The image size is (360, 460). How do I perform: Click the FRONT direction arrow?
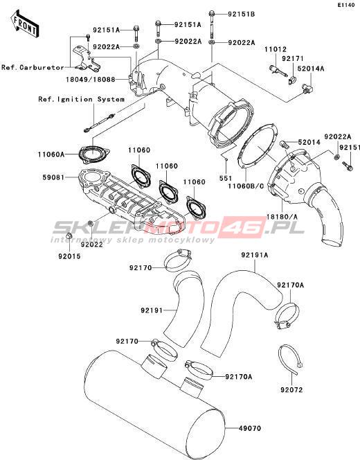pyautogui.click(x=24, y=24)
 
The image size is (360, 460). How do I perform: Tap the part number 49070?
pyautogui.click(x=250, y=428)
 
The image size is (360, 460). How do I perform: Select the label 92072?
pyautogui.click(x=291, y=390)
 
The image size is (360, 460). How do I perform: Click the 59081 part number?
pyautogui.click(x=53, y=177)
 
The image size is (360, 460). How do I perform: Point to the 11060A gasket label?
pyautogui.click(x=51, y=154)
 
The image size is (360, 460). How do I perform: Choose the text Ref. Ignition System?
pyautogui.click(x=82, y=99)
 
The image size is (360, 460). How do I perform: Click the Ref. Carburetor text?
pyautogui.click(x=33, y=67)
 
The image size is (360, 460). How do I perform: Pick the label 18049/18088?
pyautogui.click(x=90, y=79)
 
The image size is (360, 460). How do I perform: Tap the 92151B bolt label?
pyautogui.click(x=242, y=14)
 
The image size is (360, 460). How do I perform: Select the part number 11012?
pyautogui.click(x=276, y=49)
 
